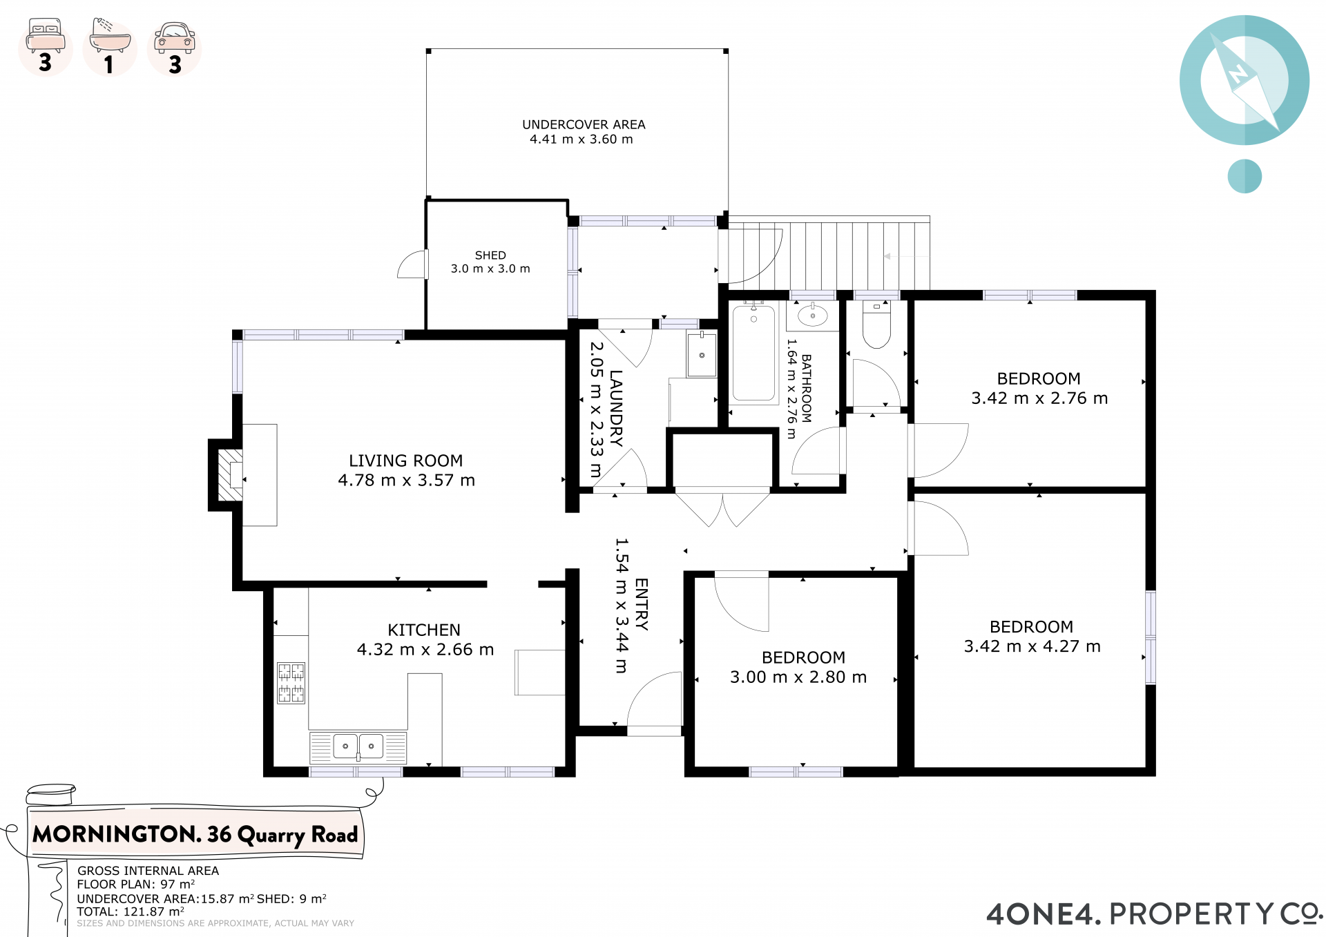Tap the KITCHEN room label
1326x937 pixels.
424,630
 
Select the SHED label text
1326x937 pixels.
490,255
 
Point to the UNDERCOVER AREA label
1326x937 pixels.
584,124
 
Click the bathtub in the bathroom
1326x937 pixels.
753,353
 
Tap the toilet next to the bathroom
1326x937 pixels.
876,325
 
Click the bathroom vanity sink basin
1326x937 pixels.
813,316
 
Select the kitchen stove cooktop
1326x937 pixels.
291,683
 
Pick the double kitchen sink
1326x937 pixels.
358,746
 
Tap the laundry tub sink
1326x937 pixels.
702,355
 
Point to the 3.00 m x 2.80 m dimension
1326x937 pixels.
798,677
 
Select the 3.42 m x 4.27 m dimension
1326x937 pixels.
1032,646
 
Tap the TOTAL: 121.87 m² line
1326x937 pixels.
131,911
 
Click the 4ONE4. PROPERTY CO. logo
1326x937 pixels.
1154,914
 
